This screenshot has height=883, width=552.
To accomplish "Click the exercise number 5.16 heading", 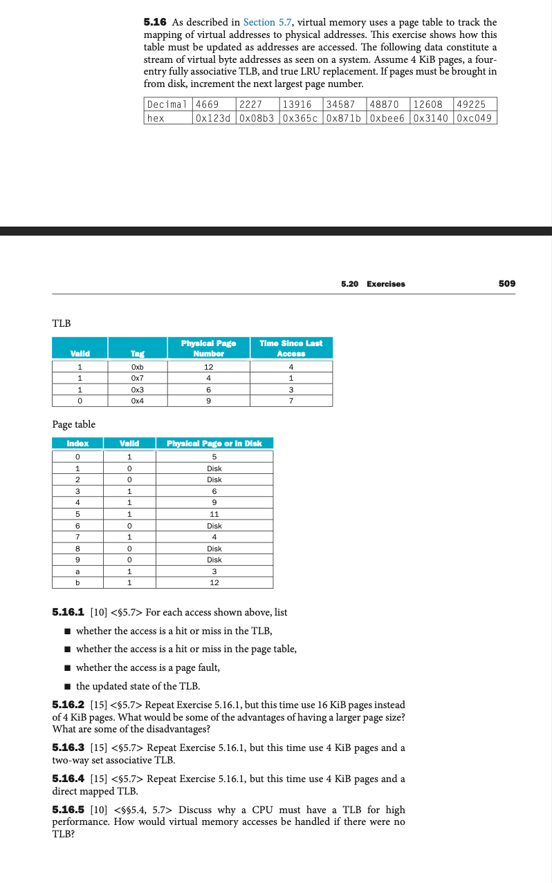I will coord(155,23).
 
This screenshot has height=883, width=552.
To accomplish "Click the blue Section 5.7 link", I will coord(268,23).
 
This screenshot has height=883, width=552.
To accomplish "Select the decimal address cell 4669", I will coord(208,104).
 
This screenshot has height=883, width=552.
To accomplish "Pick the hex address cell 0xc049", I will coord(475,117).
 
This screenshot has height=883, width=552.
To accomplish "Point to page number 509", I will coord(506,283).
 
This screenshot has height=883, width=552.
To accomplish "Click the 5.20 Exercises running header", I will coord(373,284).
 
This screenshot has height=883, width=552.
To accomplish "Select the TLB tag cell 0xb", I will coord(137,366).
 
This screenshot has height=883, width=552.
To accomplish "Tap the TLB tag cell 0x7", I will coord(137,378).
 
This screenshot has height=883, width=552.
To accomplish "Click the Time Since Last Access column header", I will coord(291,348).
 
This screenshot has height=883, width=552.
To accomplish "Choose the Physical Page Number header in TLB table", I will coord(208,348).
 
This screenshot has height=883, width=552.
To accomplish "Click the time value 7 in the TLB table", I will coord(291,401).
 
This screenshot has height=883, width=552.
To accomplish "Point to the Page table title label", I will coord(74,424).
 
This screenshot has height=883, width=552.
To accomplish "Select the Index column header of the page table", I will coord(77,444).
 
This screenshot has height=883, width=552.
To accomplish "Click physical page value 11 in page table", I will coord(214,514).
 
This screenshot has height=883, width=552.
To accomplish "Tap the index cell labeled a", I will coord(77,571).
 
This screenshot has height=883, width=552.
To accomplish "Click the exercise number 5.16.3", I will coord(70,748).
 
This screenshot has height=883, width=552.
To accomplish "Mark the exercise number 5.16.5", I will coord(70,810).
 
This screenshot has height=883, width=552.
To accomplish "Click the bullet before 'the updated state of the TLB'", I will coord(67,686).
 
